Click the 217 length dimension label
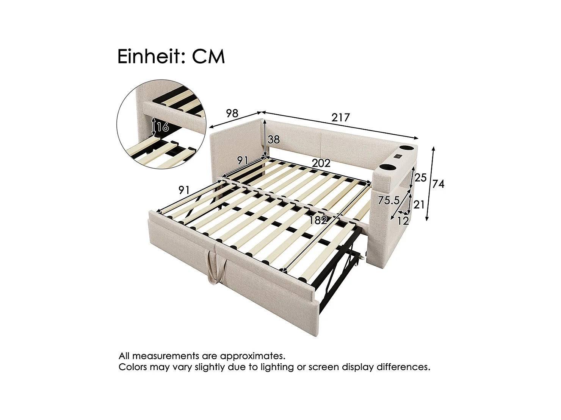tap(340, 118)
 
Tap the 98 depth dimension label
tap(232, 113)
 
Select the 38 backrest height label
tap(273, 140)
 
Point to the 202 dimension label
tap(321, 163)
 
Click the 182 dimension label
tap(318, 220)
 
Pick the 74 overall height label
tap(438, 184)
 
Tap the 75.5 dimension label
tap(389, 200)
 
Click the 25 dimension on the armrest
tap(420, 177)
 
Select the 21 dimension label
tap(419, 205)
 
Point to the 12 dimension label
tap(403, 220)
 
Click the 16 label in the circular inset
tap(163, 127)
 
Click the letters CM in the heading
tap(208, 57)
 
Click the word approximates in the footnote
tap(252, 356)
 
